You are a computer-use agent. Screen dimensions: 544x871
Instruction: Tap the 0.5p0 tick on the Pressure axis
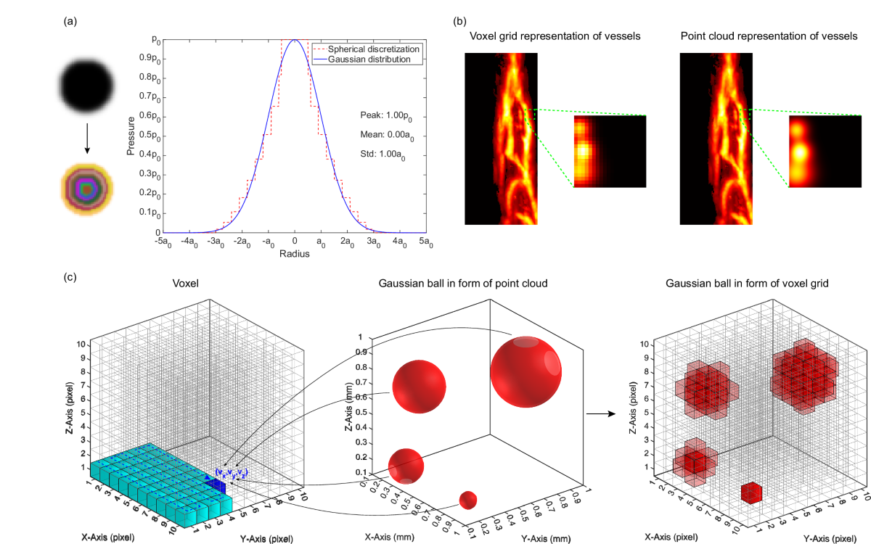click(147, 136)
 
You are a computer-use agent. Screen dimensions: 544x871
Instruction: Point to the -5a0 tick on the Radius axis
click(165, 242)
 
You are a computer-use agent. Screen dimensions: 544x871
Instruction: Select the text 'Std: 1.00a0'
click(383, 154)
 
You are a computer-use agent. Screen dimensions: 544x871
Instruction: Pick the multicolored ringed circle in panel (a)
click(87, 190)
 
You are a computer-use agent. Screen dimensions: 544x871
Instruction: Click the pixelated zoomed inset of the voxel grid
click(609, 152)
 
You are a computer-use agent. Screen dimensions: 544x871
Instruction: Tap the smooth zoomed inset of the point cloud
click(825, 152)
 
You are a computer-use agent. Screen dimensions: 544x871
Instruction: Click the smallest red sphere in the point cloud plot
click(468, 500)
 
